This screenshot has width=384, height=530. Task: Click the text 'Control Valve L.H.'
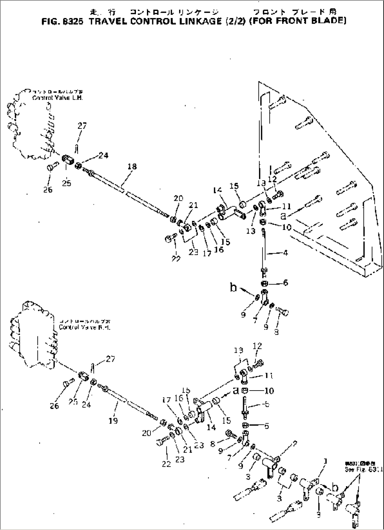[x=58, y=98]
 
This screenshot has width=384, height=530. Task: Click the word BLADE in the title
[x=327, y=20]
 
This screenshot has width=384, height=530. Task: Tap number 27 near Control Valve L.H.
[x=82, y=126]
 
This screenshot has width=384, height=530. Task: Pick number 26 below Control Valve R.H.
[x=54, y=406]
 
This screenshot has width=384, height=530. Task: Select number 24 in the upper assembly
[x=103, y=155]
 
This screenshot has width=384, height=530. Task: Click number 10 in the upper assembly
[x=287, y=227]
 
